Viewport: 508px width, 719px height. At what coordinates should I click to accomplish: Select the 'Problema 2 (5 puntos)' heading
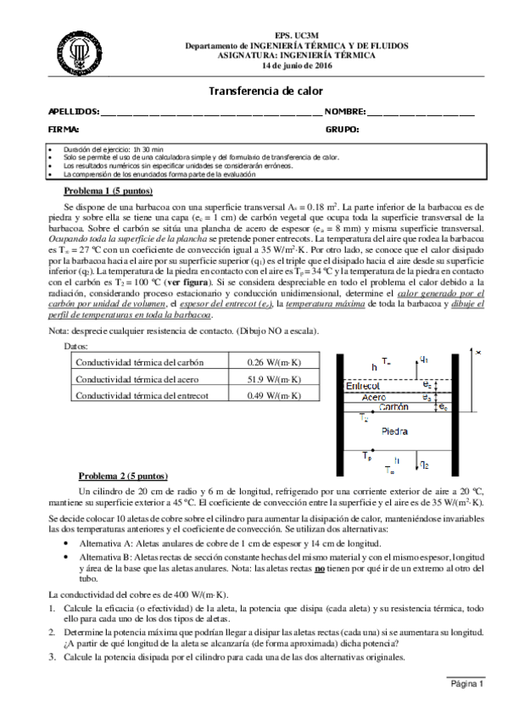click(124, 476)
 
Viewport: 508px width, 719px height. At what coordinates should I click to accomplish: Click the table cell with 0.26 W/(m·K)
click(262, 361)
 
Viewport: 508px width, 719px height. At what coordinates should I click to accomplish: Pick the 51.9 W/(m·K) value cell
click(262, 378)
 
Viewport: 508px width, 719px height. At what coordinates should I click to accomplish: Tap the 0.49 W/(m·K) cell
click(262, 395)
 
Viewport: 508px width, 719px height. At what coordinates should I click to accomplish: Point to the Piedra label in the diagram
click(398, 432)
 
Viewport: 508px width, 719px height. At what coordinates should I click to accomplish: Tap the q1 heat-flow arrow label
click(424, 359)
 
